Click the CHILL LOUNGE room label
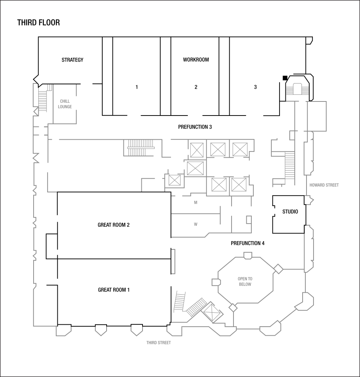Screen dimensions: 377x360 [65, 104]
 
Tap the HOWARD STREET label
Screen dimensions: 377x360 [324, 185]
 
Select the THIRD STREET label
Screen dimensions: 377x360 [159, 343]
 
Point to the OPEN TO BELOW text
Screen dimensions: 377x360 [245, 282]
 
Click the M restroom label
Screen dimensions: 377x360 [196, 203]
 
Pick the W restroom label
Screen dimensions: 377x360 [196, 224]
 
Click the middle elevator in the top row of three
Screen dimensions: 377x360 [218, 149]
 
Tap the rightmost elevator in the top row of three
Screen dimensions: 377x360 [240, 149]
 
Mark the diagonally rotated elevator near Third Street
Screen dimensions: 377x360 [212, 312]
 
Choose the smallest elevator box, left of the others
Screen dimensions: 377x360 [174, 180]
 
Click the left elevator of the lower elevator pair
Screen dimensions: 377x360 [219, 185]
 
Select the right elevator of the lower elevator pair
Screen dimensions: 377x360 [238, 185]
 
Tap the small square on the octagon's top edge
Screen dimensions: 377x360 [248, 256]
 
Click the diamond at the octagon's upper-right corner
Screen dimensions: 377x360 [278, 269]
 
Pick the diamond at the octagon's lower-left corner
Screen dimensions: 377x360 [233, 308]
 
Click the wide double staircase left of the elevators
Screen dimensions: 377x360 [141, 148]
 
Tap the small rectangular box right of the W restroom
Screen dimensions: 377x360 [249, 219]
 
